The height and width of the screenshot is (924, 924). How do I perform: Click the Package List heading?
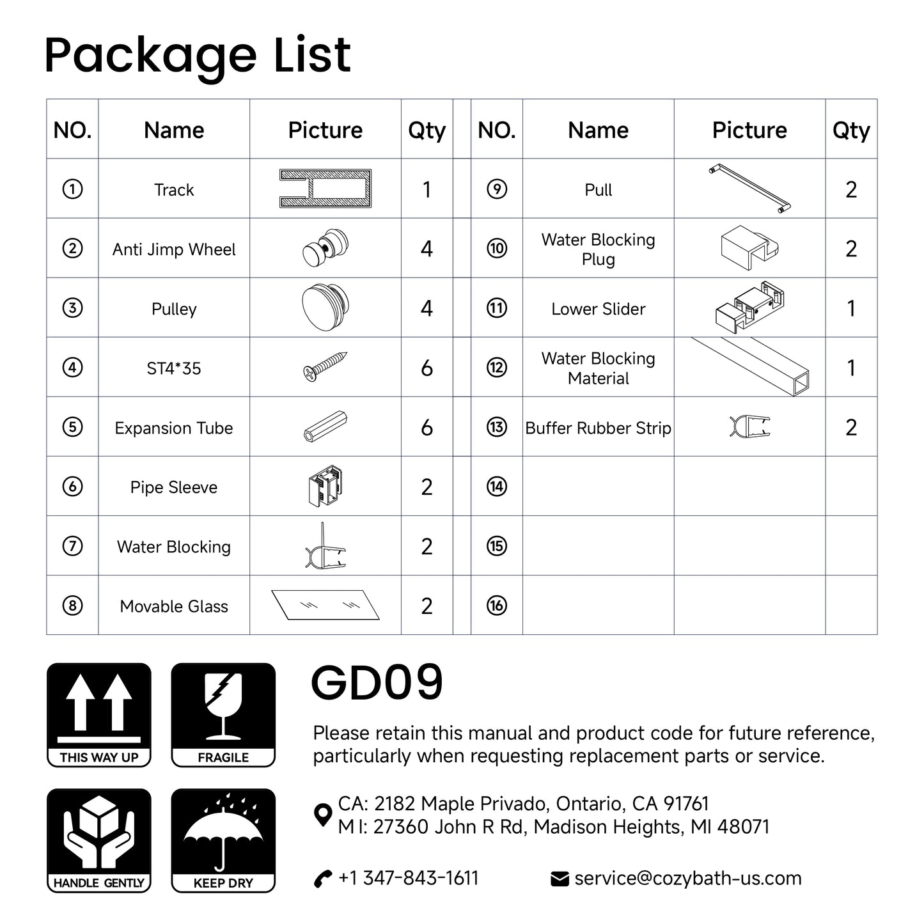(198, 55)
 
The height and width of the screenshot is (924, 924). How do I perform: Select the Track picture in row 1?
(325, 189)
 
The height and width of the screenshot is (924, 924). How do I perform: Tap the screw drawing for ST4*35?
(325, 367)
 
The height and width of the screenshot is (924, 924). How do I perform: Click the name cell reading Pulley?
(174, 309)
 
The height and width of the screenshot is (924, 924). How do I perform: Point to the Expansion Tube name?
(174, 428)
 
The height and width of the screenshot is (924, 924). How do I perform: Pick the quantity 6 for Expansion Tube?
(427, 428)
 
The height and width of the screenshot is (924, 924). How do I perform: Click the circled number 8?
(72, 606)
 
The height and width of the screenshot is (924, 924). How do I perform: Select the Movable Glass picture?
(325, 605)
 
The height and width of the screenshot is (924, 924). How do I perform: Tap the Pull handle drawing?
(749, 189)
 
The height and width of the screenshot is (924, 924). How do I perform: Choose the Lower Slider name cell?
(598, 309)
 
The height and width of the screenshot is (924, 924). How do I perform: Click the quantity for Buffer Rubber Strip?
(850, 428)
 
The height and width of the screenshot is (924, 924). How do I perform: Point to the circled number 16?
(496, 606)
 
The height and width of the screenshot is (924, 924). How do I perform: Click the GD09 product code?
(377, 683)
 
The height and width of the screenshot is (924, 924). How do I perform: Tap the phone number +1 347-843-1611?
(408, 878)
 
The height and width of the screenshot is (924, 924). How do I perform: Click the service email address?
(687, 878)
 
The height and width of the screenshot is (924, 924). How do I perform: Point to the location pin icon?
(323, 815)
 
